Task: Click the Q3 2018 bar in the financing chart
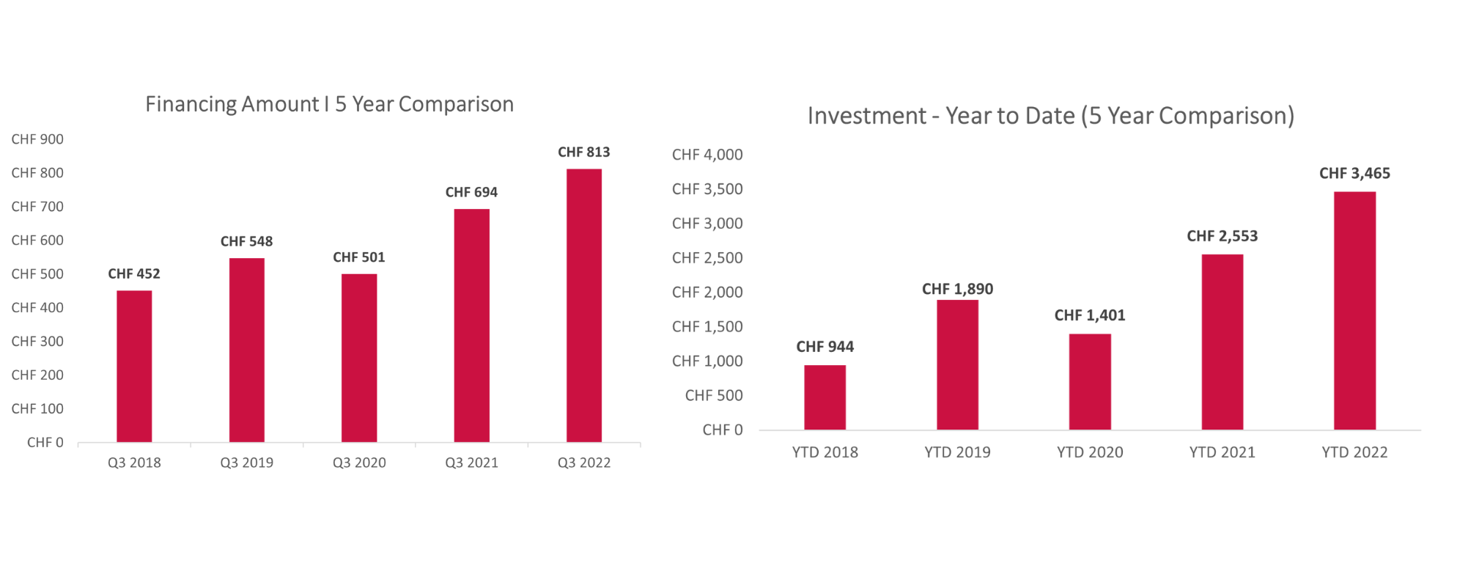134,367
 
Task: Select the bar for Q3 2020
359,358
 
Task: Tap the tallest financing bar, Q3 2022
584,306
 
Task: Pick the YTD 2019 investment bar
957,364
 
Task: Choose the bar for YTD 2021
1222,342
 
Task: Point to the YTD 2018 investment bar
825,397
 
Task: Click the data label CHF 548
246,241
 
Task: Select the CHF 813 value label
583,152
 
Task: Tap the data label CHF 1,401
1089,315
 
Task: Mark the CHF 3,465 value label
1354,173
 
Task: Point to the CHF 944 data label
825,347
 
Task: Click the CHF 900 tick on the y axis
37,139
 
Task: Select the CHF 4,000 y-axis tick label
707,155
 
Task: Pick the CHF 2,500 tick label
707,258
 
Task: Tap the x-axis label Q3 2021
471,463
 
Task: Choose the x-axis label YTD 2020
1090,452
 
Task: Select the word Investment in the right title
866,116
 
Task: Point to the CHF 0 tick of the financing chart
45,442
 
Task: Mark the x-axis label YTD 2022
1354,452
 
